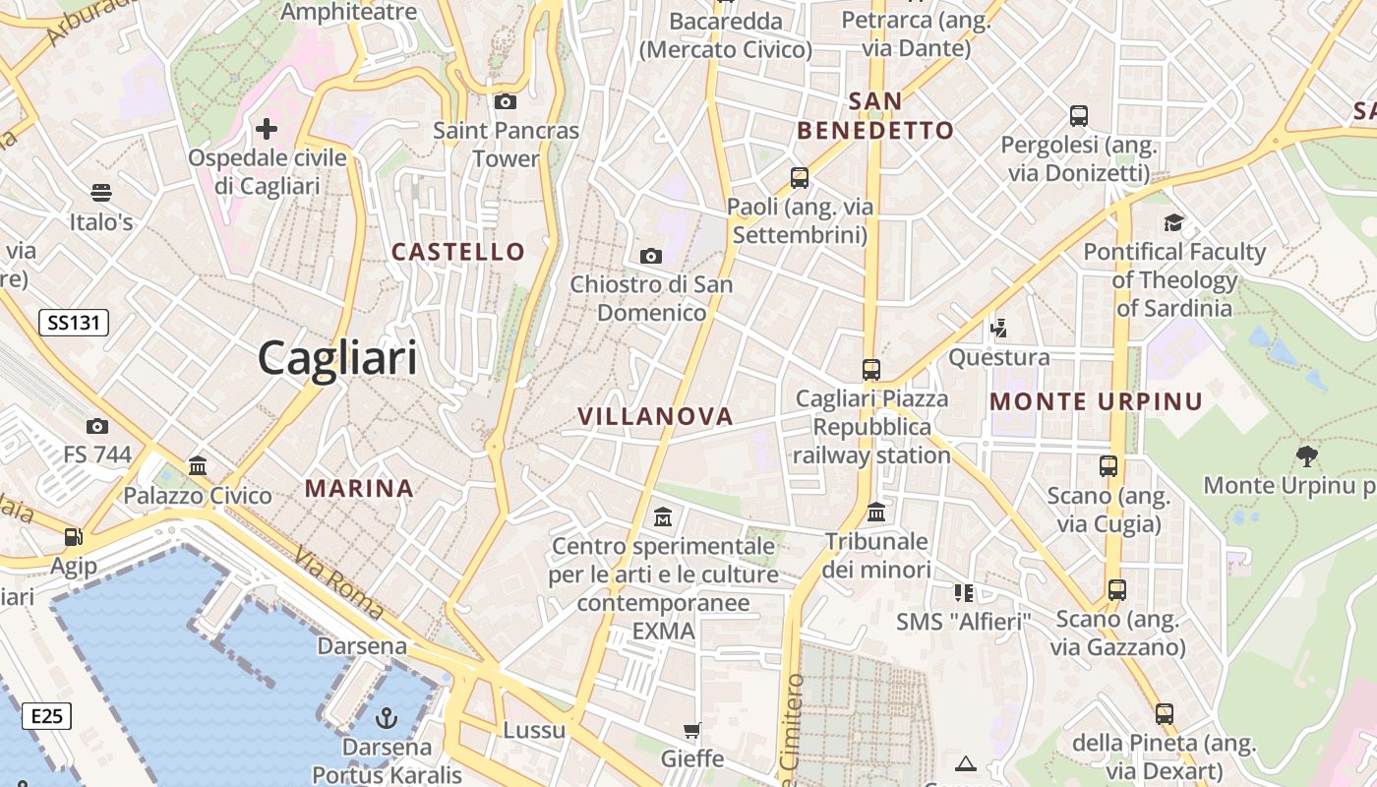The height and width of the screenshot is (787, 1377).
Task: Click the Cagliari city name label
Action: tap(337, 358)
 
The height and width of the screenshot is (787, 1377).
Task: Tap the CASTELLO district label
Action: tap(458, 252)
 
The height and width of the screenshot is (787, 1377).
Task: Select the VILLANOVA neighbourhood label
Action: tap(655, 416)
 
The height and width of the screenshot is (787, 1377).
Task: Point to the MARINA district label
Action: tap(359, 488)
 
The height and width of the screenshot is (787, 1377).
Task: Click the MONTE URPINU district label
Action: tap(1096, 401)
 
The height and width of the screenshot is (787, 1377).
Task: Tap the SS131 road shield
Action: tap(74, 322)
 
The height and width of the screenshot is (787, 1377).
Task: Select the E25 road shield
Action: tap(46, 715)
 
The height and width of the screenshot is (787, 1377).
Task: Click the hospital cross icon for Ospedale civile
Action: tap(267, 129)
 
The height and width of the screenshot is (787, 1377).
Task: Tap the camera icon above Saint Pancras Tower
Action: tap(506, 101)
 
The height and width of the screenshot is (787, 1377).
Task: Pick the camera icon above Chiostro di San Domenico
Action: tap(651, 256)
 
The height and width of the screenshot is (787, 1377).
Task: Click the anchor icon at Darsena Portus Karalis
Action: tap(387, 717)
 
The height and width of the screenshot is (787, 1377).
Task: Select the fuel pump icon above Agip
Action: tap(74, 537)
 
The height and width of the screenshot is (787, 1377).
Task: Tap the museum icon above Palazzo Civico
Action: tap(198, 465)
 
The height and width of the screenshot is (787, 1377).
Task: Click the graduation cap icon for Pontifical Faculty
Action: tap(1173, 222)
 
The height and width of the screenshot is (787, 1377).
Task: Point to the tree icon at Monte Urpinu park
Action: tap(1307, 455)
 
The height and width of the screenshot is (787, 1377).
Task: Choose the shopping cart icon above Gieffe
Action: tap(692, 730)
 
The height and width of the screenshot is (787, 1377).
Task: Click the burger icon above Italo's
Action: tap(101, 192)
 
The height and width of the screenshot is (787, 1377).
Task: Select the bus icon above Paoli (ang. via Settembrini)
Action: tap(800, 178)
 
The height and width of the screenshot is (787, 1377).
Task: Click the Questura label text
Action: tap(998, 357)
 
